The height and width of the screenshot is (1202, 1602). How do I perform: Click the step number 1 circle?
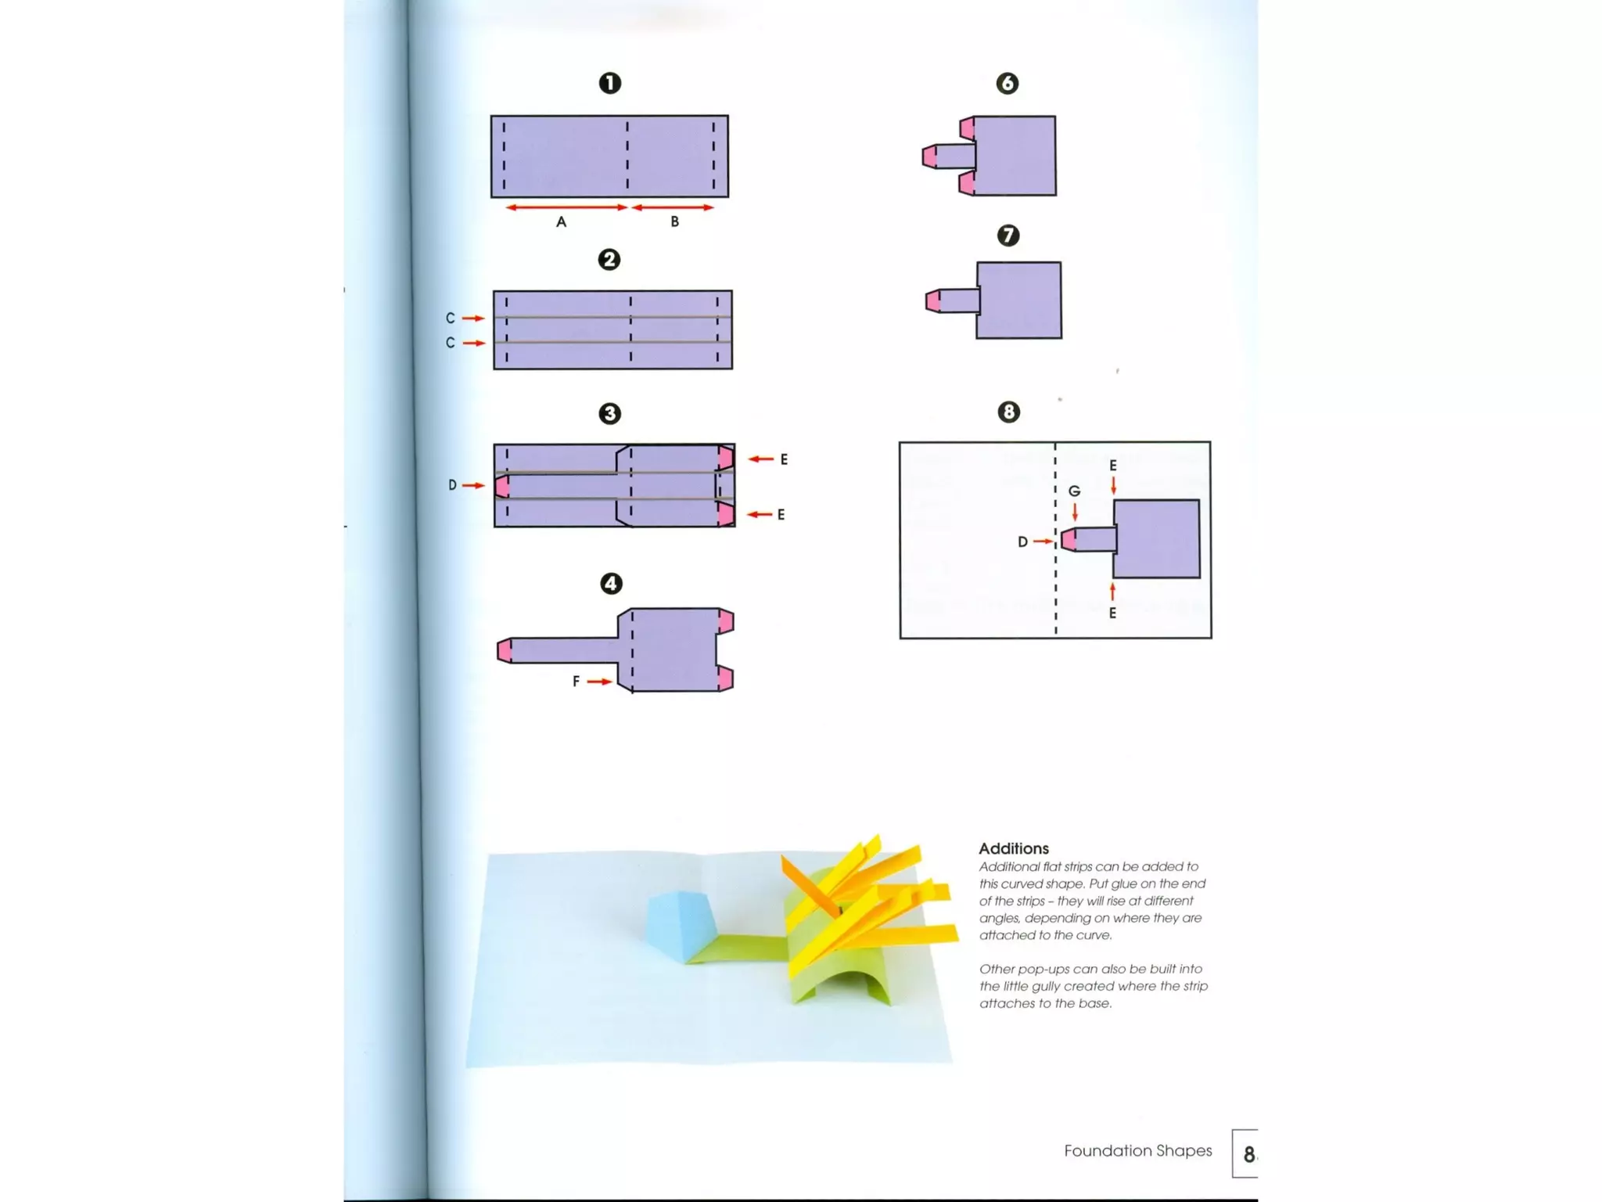(x=609, y=83)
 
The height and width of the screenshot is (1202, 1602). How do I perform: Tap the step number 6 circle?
(x=1007, y=83)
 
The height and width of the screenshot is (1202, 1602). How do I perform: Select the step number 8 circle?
(x=1008, y=412)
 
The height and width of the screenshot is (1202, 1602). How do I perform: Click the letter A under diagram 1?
(x=561, y=222)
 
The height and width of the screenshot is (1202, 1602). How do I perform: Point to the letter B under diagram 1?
(x=674, y=222)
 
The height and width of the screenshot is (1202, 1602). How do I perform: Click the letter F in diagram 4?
(x=576, y=682)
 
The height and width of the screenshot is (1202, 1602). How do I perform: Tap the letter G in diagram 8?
(x=1074, y=491)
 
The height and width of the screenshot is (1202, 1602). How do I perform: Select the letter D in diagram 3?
(x=452, y=485)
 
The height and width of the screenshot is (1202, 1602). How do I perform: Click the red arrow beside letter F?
(x=599, y=682)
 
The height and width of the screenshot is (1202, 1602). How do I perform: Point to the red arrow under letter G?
(x=1075, y=512)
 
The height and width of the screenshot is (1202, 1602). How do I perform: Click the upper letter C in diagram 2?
(x=450, y=318)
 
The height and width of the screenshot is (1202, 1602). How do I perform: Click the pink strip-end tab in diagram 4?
(x=505, y=650)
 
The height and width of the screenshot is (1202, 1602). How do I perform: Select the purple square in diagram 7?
(x=1019, y=300)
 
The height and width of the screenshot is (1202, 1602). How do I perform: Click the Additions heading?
(x=1013, y=848)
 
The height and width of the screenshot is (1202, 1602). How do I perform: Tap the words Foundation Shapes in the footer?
(x=1137, y=1150)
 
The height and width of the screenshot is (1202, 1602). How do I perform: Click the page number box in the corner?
(x=1245, y=1153)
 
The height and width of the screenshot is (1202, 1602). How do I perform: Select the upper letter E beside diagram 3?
(x=783, y=459)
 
